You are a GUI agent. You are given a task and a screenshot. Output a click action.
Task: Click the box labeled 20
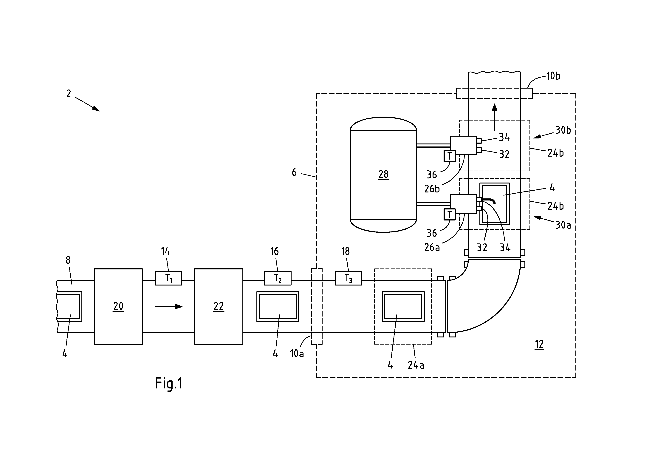point(118,306)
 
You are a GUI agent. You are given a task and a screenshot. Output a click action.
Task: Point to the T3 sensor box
point(348,278)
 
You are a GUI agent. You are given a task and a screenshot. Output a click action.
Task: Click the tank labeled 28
point(383,174)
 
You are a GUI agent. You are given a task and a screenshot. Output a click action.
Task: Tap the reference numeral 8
point(68,260)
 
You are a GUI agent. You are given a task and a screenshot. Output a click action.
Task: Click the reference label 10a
point(297,354)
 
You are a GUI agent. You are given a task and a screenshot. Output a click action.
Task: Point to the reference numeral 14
point(165,251)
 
